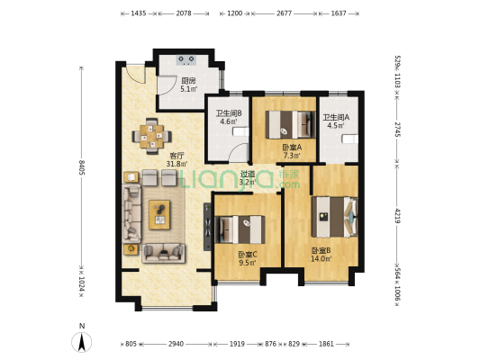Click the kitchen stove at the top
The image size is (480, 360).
click(186, 59)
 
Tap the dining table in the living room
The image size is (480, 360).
click(152, 137)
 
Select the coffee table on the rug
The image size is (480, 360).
click(159, 215)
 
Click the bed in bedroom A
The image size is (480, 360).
click(290, 125)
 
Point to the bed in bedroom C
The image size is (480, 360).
click(240, 229)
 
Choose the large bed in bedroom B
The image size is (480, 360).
click(335, 217)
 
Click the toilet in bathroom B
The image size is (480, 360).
click(240, 131)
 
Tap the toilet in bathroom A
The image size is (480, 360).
click(350, 139)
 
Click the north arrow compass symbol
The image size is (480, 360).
click(81, 341)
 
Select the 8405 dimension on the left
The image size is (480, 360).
click(81, 167)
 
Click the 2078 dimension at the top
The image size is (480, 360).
click(184, 13)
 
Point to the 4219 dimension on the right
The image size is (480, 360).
click(397, 216)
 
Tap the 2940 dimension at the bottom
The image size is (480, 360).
click(176, 344)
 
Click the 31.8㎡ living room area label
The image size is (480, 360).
click(177, 164)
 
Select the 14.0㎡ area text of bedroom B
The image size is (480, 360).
click(322, 259)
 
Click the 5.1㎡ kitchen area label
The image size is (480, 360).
click(188, 89)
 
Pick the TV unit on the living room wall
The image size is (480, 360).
click(207, 227)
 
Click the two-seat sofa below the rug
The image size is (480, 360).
click(164, 253)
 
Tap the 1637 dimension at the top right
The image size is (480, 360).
click(339, 13)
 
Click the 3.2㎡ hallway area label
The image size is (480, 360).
click(247, 183)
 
